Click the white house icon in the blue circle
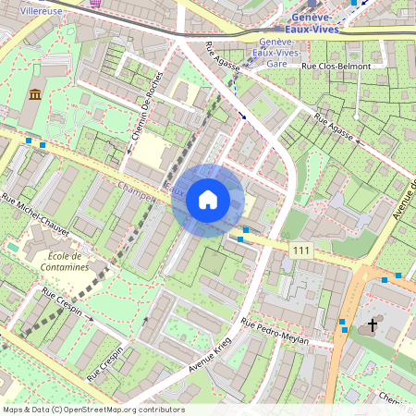(208, 200)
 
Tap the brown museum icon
(35, 94)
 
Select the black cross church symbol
(373, 324)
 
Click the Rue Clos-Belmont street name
(338, 67)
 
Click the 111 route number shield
(300, 251)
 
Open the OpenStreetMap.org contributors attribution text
(92, 410)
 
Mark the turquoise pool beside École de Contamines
(13, 249)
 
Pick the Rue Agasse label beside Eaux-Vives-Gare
(226, 57)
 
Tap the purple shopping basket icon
(95, 3)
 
